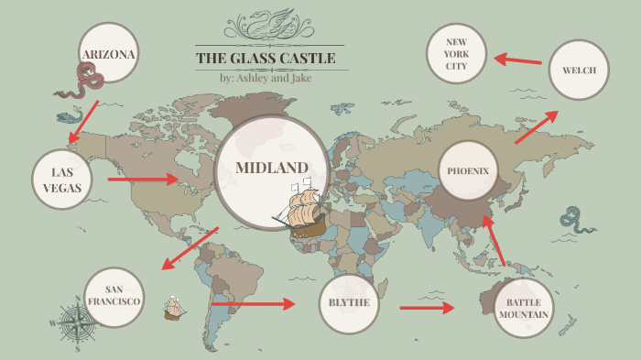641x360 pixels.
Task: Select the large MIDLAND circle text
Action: (271, 169)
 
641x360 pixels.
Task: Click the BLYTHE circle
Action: (349, 303)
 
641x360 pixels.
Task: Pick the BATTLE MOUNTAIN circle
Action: (524, 308)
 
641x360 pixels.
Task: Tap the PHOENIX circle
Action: (469, 171)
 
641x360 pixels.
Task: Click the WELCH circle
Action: (579, 69)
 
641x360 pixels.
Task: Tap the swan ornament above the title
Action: (271, 25)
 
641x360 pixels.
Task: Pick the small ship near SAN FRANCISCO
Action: (174, 309)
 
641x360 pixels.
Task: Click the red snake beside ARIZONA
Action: (82, 85)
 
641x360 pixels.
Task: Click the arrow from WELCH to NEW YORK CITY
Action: (517, 60)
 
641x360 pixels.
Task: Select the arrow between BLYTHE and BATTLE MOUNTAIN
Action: (427, 308)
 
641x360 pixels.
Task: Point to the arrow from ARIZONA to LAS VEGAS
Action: (84, 122)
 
